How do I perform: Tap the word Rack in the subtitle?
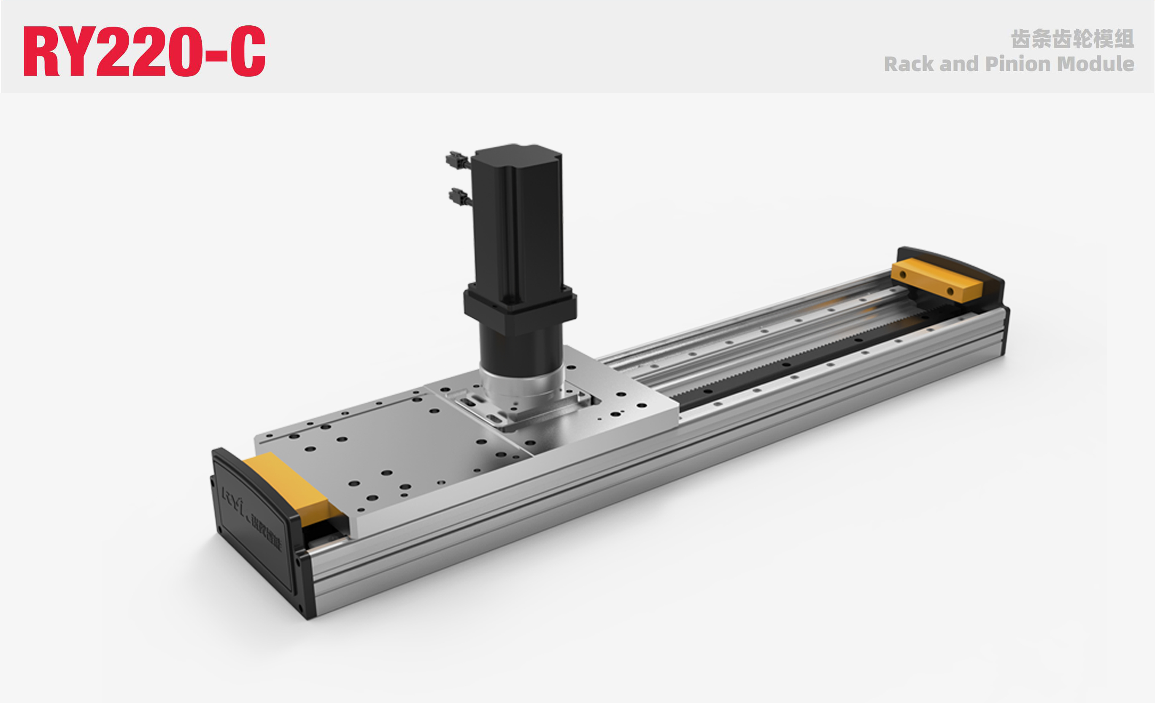click(908, 64)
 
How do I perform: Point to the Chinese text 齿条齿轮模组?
click(1072, 39)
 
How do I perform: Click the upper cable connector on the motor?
click(456, 160)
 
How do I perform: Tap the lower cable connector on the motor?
click(459, 196)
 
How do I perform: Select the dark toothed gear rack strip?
click(797, 361)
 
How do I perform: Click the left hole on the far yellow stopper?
click(903, 274)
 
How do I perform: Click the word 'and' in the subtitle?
click(960, 64)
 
